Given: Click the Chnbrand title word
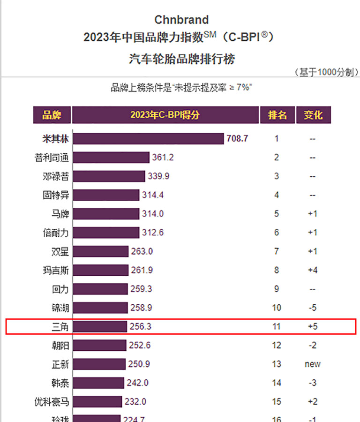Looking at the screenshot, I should pos(181,20).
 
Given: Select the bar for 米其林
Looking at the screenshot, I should pos(148,139).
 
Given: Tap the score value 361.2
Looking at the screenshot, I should pos(163,158).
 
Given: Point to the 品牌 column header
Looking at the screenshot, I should pos(52,115).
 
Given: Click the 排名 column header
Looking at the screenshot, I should pos(277,115).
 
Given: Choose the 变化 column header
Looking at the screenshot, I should pos(313,115).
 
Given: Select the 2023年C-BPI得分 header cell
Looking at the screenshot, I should pos(165,115).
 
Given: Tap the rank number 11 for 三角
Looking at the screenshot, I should pos(277,326).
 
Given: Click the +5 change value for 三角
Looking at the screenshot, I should pos(313,326).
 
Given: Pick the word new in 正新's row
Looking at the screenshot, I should pos(313,364).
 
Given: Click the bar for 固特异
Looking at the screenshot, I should pos(106,195).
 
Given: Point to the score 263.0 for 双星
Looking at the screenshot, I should pos(142,251).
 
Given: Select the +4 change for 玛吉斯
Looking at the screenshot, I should pos(313,270).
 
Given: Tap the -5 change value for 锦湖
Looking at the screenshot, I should pos(313,308).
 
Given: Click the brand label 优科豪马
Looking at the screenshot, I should pos(52,401).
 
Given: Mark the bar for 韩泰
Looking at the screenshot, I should pos(98,383).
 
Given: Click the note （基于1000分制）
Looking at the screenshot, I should pos(326,72).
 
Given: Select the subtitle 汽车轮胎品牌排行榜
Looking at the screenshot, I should pos(181,59).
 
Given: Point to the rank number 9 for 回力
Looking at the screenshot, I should pos(277,289).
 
